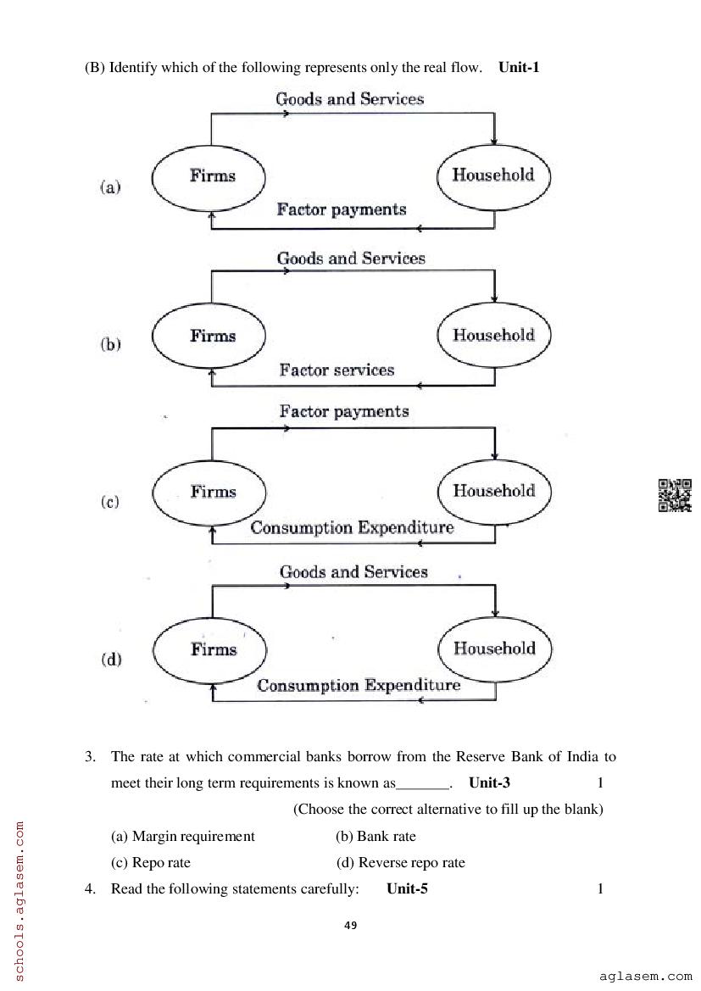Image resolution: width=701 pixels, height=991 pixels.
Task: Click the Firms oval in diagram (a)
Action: click(x=209, y=176)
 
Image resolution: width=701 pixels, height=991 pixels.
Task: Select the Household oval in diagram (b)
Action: click(x=493, y=335)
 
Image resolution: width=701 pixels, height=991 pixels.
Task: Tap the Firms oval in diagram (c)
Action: click(x=209, y=492)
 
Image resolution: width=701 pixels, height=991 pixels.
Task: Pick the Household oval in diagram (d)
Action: click(x=493, y=649)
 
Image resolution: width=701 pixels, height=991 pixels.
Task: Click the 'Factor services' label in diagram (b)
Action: click(x=337, y=370)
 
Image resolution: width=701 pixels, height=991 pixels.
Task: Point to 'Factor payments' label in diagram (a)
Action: click(x=342, y=209)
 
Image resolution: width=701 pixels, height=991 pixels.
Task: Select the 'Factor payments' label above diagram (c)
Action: click(x=344, y=412)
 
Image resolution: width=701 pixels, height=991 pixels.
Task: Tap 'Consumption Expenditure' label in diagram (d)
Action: click(x=359, y=685)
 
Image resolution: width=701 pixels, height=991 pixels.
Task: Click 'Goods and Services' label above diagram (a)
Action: click(x=349, y=99)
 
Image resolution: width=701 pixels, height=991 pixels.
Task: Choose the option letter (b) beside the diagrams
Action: click(x=111, y=344)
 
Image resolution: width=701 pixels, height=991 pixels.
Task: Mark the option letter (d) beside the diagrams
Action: click(x=111, y=659)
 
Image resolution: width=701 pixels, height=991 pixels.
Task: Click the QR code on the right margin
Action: click(x=675, y=495)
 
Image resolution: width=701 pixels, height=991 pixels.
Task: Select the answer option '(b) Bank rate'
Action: click(x=376, y=836)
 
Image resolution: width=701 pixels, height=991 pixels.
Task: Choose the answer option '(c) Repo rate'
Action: click(x=151, y=862)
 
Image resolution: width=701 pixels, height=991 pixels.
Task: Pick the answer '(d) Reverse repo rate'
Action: click(x=400, y=862)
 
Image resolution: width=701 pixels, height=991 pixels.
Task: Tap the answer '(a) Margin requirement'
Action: click(x=183, y=836)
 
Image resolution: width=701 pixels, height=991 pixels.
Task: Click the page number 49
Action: click(x=351, y=925)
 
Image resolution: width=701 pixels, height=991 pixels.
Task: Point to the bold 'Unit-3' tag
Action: click(x=489, y=782)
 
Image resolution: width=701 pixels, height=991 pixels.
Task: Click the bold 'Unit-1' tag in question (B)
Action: click(x=519, y=67)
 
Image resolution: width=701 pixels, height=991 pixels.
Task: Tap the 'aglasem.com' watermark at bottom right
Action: click(x=645, y=977)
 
